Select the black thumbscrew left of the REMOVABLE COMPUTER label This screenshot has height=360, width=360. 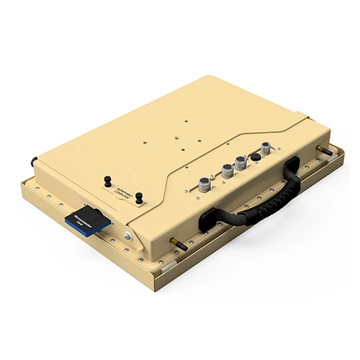coord(107,180)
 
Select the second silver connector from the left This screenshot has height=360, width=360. coord(226,171)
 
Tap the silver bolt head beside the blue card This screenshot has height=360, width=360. coord(127,236)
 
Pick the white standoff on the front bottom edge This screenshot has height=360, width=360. coord(166,266)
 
